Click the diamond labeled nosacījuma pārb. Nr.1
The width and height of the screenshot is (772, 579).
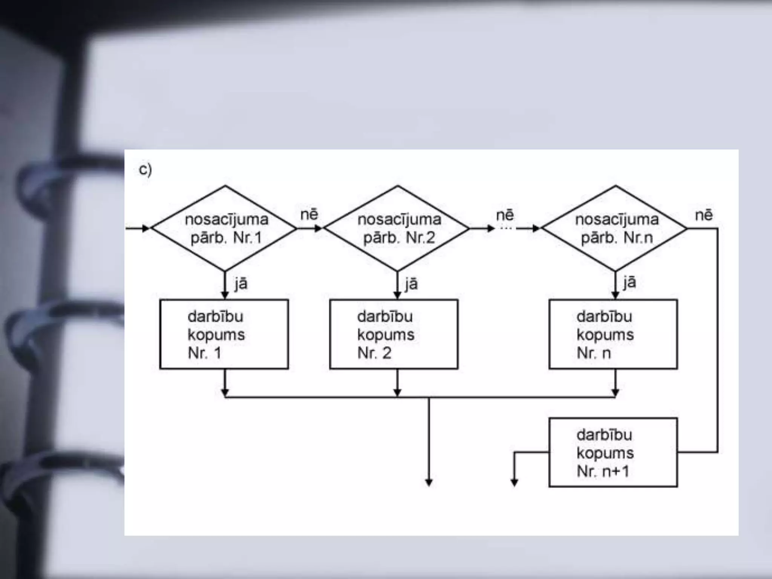click(x=225, y=228)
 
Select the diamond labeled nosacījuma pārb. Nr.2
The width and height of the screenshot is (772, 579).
click(x=397, y=228)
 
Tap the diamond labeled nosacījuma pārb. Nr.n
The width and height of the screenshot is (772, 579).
click(x=615, y=228)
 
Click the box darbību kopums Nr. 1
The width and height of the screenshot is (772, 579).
click(x=224, y=334)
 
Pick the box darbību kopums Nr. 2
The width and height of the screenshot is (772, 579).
click(x=394, y=334)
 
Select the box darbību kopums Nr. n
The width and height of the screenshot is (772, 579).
click(x=613, y=334)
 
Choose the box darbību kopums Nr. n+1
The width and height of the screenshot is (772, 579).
click(x=613, y=452)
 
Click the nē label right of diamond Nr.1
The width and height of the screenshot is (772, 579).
click(x=309, y=215)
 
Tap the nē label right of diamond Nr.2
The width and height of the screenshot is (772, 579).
click(x=505, y=215)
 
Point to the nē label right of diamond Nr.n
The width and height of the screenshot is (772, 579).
click(x=704, y=215)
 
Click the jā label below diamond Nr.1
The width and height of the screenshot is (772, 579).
click(x=241, y=283)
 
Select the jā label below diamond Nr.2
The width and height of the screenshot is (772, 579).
click(x=411, y=283)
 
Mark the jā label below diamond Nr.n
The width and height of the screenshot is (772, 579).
click(x=630, y=282)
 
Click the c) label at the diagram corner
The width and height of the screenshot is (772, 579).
click(x=145, y=170)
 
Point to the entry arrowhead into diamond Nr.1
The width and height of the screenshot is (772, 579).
click(x=146, y=228)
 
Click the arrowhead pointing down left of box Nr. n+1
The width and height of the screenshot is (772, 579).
click(x=514, y=482)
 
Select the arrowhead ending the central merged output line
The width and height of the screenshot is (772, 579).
click(x=429, y=482)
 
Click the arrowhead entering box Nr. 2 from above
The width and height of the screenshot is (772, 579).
click(x=397, y=295)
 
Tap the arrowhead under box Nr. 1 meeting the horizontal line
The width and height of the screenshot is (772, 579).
click(x=225, y=393)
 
